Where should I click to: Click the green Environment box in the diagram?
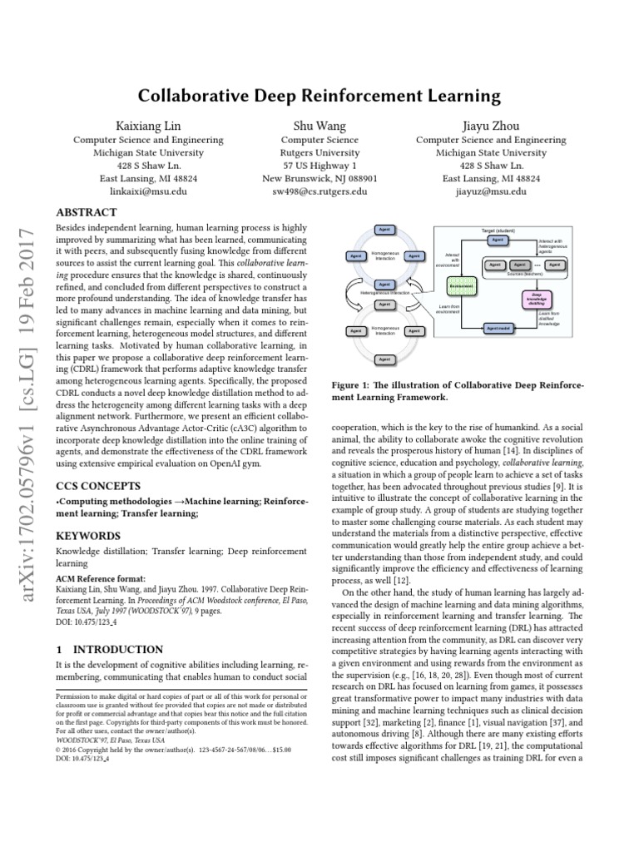(461, 285)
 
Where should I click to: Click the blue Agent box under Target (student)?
(497, 240)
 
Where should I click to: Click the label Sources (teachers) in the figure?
(525, 273)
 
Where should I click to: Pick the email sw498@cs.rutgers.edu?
(319, 191)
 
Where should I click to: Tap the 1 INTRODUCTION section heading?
(109, 649)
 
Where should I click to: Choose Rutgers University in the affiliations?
(319, 153)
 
